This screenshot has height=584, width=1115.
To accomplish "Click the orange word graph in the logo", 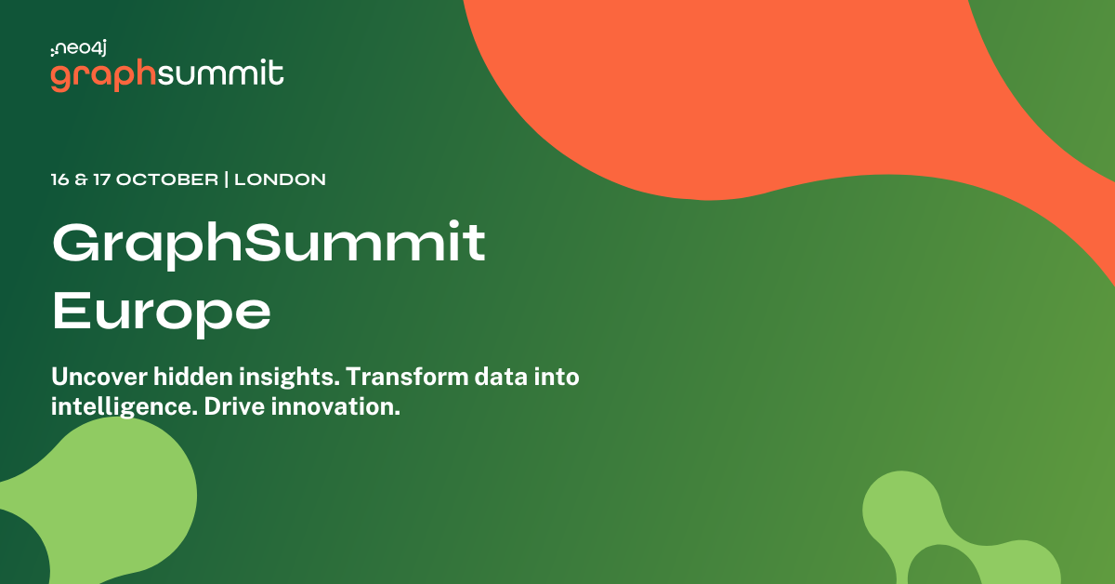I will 102,76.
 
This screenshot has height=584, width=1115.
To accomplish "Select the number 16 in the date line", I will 61,179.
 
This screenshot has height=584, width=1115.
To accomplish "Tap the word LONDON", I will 280,179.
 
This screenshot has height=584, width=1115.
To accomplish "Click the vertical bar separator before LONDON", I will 227,179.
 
